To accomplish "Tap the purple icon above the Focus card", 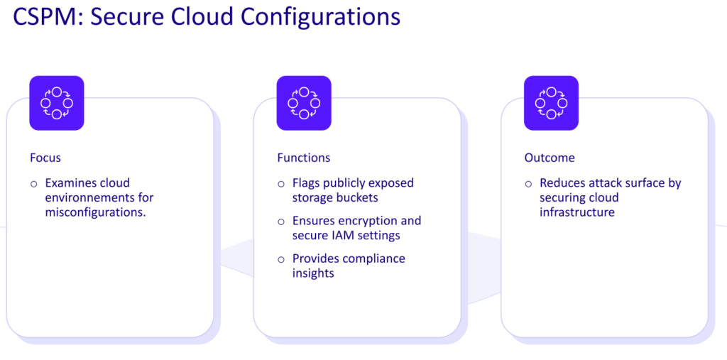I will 57,103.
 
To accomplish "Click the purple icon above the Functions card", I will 304,103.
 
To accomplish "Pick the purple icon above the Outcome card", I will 551,103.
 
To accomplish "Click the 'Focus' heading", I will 45,158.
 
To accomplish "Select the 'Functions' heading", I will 303,158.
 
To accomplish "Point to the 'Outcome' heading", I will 550,158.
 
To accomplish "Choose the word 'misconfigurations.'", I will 95,212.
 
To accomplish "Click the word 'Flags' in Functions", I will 307,183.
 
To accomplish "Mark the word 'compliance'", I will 373,258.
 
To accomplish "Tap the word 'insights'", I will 313,273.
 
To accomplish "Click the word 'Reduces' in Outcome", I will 564,183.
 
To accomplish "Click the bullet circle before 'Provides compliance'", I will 281,259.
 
